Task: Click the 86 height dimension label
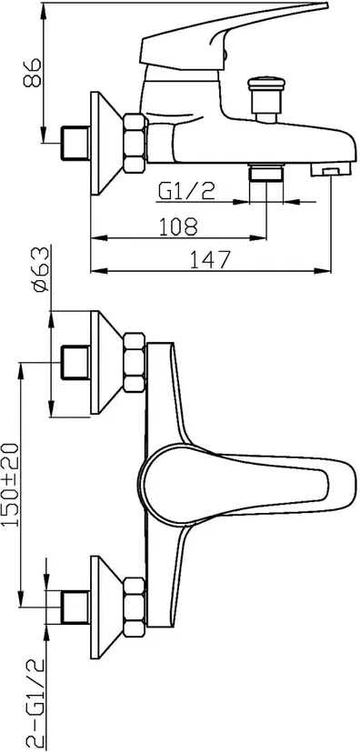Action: click(x=32, y=74)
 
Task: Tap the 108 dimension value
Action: click(x=177, y=226)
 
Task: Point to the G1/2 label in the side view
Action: click(x=186, y=192)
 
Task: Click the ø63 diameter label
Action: click(x=40, y=269)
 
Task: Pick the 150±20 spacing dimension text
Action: click(x=10, y=485)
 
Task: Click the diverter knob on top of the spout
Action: click(x=266, y=98)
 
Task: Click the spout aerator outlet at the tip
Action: click(x=330, y=169)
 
